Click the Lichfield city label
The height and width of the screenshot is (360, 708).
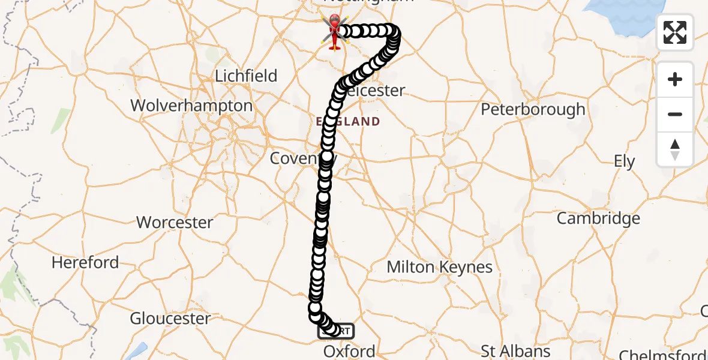point(246,76)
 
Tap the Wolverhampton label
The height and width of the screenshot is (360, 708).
point(191,106)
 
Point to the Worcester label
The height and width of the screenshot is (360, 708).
point(175,223)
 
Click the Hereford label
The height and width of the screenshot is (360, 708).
point(85,262)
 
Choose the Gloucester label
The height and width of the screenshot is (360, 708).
point(170,318)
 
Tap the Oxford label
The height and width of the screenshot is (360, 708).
point(349,351)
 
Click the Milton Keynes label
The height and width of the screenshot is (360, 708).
point(440,267)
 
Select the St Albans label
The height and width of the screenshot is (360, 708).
point(517,351)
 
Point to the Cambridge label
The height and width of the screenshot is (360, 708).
point(598,218)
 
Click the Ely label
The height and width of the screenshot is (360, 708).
point(624,161)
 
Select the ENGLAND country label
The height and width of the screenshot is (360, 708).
point(348,122)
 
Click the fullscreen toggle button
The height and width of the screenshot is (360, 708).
point(675,32)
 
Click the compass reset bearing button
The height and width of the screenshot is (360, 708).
point(675,149)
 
